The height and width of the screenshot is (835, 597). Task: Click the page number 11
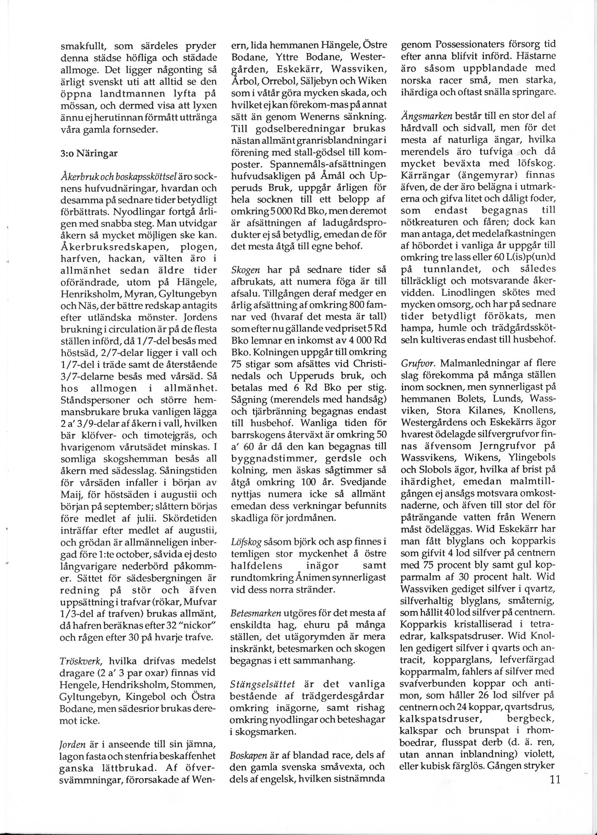click(555, 780)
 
